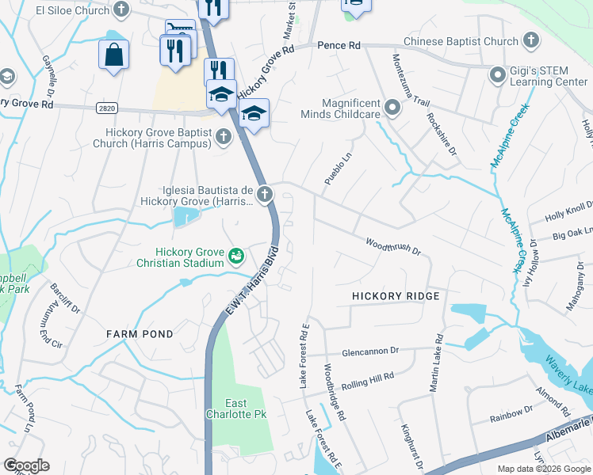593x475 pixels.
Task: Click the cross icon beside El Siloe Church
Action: pos(121,10)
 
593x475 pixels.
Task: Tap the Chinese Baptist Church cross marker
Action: pos(531,41)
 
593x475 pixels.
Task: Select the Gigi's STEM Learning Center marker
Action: pos(497,75)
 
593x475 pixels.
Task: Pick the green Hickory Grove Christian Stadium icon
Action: pos(235,256)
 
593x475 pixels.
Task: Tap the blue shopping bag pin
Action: pos(113,55)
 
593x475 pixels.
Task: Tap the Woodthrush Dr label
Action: pos(392,245)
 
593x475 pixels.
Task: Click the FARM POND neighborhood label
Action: pos(140,334)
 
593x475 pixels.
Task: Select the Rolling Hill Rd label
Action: pos(367,379)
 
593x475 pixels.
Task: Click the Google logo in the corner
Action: pos(26,465)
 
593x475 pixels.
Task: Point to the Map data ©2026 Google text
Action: pos(543,469)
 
